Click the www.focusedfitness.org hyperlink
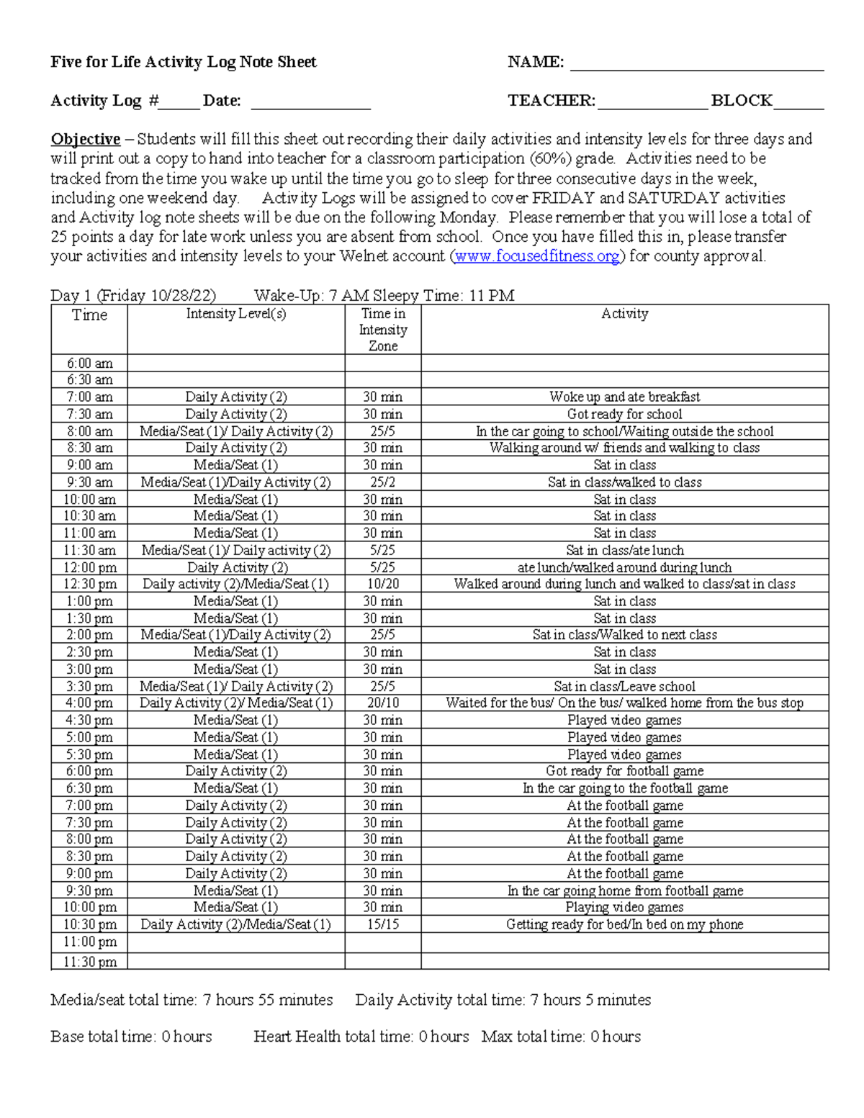[x=537, y=256]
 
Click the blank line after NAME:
[x=696, y=63]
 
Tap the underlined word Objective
[x=85, y=139]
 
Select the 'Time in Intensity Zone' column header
[x=383, y=330]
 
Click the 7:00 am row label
[x=89, y=397]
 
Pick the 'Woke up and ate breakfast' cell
[x=624, y=397]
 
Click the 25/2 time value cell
[x=383, y=482]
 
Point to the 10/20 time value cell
[x=383, y=584]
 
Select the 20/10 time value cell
[x=383, y=703]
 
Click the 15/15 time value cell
[x=383, y=924]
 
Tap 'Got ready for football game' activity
[x=624, y=771]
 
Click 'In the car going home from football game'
[x=624, y=891]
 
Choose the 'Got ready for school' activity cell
[x=624, y=414]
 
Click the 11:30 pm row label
[x=89, y=962]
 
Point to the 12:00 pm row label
[x=89, y=567]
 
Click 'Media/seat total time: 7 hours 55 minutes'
[x=192, y=1000]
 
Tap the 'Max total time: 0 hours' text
[x=561, y=1037]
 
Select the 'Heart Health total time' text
[x=361, y=1037]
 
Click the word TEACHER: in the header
[x=552, y=101]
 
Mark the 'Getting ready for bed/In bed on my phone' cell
[x=624, y=924]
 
